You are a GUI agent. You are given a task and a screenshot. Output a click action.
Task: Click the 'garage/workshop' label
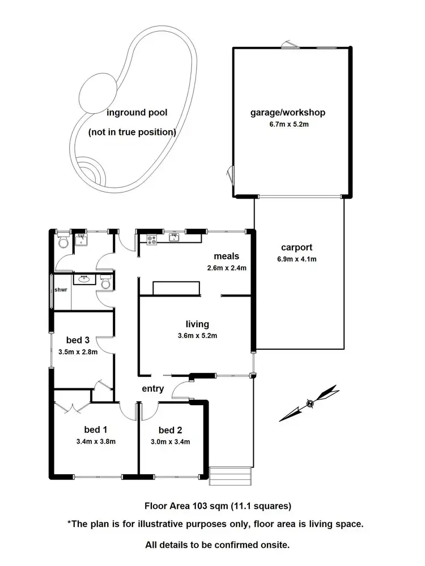[288, 112]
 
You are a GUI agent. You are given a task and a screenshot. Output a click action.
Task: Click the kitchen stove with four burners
[152, 240]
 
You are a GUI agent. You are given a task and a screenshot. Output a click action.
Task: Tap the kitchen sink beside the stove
[175, 238]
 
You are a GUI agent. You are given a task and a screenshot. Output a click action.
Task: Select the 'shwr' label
[61, 290]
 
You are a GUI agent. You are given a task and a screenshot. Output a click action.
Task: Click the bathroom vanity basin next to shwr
[85, 279]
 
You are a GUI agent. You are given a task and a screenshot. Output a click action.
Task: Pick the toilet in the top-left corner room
[63, 243]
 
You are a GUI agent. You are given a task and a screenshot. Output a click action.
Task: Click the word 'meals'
[226, 256]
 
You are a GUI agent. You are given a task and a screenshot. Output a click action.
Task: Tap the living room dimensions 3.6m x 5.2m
[197, 335]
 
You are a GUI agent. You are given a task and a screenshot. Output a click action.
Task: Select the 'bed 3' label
[78, 340]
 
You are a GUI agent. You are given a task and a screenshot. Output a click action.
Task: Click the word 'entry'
[152, 388]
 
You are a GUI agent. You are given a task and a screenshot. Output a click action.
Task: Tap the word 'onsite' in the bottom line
[274, 545]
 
